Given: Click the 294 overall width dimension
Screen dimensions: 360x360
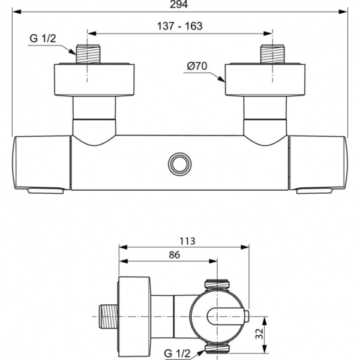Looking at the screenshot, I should pyautogui.click(x=179, y=5).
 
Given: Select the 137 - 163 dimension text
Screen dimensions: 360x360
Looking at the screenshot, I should pyautogui.click(x=180, y=26).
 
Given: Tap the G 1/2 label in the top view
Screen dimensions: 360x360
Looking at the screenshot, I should pyautogui.click(x=43, y=40).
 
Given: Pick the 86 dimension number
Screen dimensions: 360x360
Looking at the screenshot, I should pyautogui.click(x=173, y=254).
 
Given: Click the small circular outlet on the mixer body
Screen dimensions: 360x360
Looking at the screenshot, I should pyautogui.click(x=179, y=163).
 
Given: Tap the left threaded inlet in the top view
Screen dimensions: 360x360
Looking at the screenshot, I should pyautogui.click(x=88, y=54).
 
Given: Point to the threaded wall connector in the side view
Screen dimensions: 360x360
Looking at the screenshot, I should pyautogui.click(x=107, y=316).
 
